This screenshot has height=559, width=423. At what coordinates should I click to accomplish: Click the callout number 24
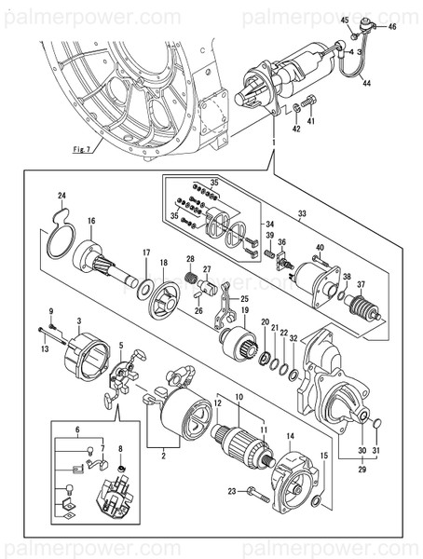(61, 196)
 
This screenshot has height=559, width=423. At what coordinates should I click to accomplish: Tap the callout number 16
(91, 221)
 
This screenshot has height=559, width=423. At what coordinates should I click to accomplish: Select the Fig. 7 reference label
(84, 149)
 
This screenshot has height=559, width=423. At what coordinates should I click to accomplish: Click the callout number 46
(391, 27)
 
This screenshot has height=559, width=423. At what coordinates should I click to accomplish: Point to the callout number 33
(301, 214)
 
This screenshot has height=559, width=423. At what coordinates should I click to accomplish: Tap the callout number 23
(232, 490)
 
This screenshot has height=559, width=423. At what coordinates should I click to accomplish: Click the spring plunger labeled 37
(363, 308)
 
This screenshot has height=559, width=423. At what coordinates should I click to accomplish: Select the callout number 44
(366, 84)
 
